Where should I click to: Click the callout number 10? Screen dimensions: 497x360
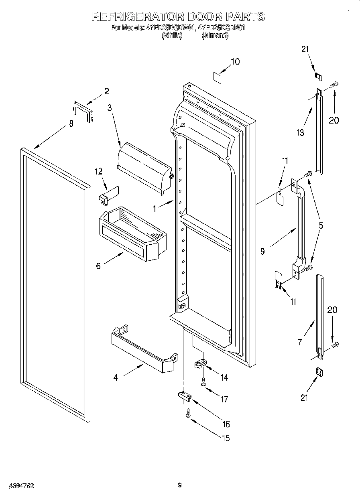(x=235, y=61)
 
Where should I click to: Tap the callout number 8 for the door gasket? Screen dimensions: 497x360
(x=71, y=124)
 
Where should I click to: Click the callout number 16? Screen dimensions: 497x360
(x=226, y=424)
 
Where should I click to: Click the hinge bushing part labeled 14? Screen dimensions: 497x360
(x=199, y=364)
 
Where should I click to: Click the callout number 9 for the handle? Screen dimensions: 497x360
(x=262, y=252)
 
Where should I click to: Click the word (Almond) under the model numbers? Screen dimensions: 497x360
(x=215, y=36)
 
